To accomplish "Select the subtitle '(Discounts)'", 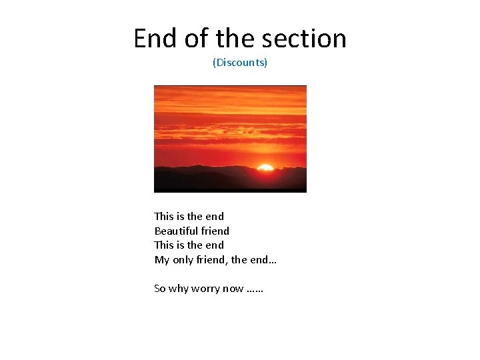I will coord(240,63).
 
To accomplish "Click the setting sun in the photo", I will coord(265,167).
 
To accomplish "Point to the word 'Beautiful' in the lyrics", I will coord(174,231).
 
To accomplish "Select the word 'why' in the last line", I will coord(179,289).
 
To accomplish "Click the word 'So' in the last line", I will coord(160,289).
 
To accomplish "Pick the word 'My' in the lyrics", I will coord(162,259).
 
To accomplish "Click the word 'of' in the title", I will coord(196,39).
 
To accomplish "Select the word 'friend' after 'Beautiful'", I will coord(215,231).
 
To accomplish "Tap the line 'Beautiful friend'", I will coord(192,231).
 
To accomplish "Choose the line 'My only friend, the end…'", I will coord(215,259).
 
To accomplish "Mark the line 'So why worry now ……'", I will coord(209,289).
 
